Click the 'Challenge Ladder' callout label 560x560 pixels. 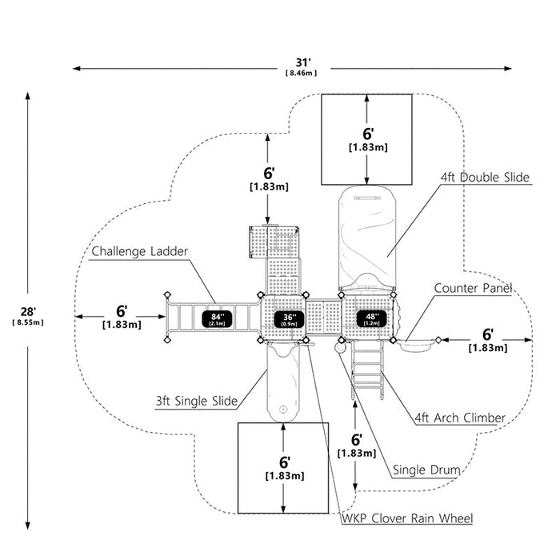coord(140,251)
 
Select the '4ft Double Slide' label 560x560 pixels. coord(485,178)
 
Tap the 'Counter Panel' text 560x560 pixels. coord(473,288)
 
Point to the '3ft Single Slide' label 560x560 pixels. coord(197,401)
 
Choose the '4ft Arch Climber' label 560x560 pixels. coord(460,418)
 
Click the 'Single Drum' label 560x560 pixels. coord(426,470)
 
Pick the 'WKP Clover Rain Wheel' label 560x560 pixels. coord(407,518)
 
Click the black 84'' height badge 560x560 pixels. coord(217,319)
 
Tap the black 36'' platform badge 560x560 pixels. coord(289,319)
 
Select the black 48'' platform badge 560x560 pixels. coord(371,318)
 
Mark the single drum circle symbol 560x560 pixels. coord(340,347)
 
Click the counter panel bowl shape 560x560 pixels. coord(416,344)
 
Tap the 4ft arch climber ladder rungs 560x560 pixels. coord(367,370)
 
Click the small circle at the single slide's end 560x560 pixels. coord(283,410)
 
